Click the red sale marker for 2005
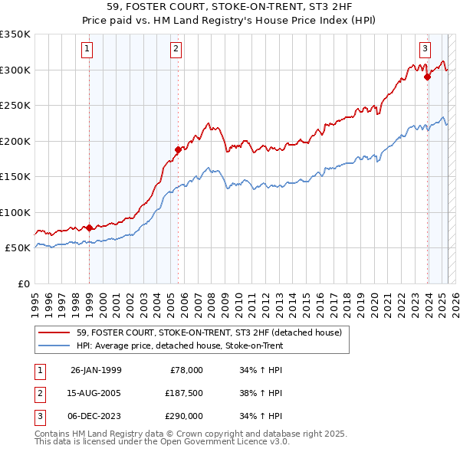(178, 149)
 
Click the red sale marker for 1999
(89, 228)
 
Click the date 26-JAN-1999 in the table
(96, 370)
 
